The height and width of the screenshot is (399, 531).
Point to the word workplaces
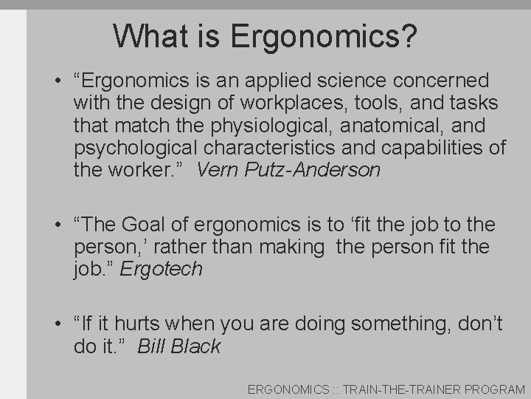click(267, 103)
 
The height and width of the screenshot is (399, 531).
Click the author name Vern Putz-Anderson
click(289, 170)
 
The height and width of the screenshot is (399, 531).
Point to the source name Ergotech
click(160, 269)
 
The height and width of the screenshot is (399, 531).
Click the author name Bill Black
click(178, 346)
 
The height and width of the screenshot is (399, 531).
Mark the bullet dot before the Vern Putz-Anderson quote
click(56, 80)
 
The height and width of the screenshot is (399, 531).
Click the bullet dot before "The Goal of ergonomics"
click(56, 224)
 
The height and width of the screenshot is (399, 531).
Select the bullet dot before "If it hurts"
click(56, 323)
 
